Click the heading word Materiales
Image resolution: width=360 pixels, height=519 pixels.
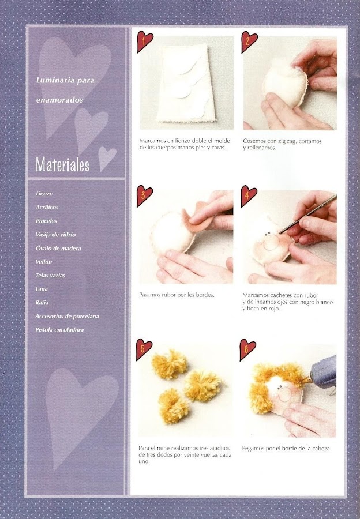point(62,164)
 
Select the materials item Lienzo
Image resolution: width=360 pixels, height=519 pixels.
point(44,194)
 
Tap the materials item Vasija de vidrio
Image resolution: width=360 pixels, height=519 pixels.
point(55,235)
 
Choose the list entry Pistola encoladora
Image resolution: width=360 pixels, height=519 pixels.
point(59,330)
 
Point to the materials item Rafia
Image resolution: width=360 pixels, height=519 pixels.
point(42,303)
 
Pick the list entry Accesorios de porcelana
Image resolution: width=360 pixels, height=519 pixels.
point(67,317)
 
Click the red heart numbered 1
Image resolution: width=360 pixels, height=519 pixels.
point(145,41)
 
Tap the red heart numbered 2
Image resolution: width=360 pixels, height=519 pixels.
point(249,42)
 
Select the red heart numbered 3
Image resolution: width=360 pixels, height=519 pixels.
point(144,196)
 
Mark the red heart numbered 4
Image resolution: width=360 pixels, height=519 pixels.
point(248,196)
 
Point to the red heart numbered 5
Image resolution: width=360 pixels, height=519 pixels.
point(144,349)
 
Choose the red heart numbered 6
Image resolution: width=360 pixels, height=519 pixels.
point(247,349)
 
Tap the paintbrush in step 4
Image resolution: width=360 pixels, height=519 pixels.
point(307,214)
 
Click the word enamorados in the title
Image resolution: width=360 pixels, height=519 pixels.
point(59,100)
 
